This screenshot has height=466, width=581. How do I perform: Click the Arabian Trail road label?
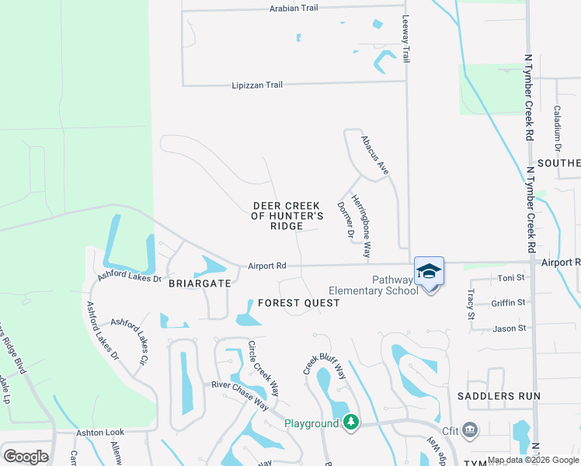294,7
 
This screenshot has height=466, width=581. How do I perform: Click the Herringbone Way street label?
361,226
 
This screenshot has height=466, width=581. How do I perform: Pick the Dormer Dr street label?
345,220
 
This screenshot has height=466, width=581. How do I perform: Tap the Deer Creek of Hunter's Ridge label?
287,215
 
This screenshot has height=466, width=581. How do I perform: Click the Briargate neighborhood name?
200,283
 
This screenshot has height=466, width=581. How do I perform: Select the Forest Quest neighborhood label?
299,302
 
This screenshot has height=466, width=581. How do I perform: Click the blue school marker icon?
429,272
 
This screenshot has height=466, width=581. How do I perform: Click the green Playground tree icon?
352,422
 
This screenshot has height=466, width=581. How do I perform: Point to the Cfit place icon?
469,429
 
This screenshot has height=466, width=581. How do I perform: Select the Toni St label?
511,277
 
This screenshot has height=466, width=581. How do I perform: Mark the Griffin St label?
509,303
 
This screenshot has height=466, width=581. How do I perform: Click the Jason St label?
510,329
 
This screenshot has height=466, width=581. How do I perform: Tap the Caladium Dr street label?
557,128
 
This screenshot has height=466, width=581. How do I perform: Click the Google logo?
26,457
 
